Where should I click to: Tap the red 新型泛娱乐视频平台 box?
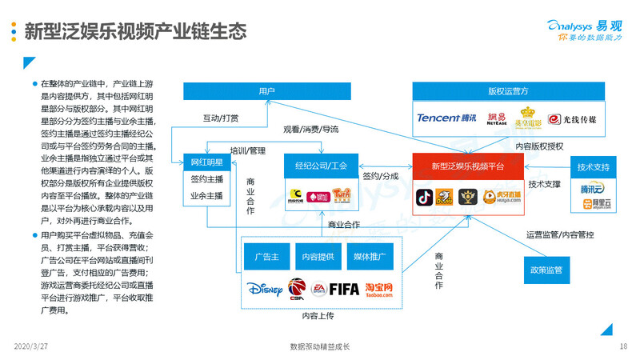pos(468,166)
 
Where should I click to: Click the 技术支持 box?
pos(594,167)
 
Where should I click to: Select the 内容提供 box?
pos(318,258)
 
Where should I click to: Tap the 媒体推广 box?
pos(370,258)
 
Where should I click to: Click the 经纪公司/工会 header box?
pos(321,166)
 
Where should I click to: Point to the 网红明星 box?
pos(206,162)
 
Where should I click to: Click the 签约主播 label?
pos(206,179)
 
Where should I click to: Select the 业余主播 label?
pos(206,195)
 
